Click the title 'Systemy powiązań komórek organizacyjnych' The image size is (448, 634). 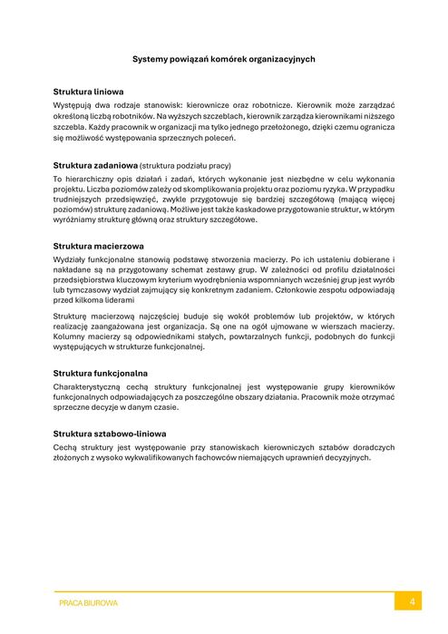click(223, 59)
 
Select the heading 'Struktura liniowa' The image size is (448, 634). click(89, 93)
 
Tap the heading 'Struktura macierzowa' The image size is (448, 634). click(98, 246)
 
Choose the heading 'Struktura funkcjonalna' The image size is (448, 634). click(101, 373)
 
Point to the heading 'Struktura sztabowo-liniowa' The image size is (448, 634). click(110, 434)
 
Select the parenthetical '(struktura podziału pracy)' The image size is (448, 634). click(186, 166)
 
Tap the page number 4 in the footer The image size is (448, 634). click(412, 601)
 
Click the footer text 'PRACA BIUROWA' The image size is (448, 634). click(88, 602)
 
